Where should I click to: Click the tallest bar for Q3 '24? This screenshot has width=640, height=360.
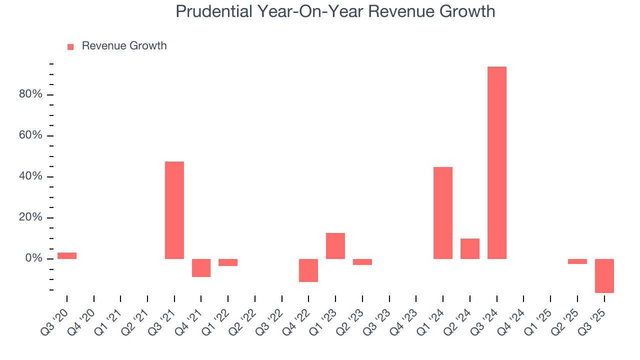tap(496, 162)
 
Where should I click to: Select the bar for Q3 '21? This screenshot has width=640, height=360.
tap(174, 210)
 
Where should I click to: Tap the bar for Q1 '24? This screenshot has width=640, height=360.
tap(443, 212)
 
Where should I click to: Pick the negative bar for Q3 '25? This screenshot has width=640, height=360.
tap(604, 275)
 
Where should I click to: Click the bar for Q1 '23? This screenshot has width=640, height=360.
tap(335, 245)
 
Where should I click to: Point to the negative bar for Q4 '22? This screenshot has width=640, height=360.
tap(308, 270)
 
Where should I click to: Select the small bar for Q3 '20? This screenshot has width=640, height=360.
tap(67, 255)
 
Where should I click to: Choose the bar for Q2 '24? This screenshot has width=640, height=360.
tap(470, 248)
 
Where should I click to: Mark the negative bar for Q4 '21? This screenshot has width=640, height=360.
tap(201, 267)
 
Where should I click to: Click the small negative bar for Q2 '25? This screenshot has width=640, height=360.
tap(577, 261)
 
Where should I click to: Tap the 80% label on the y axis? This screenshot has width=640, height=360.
tap(30, 95)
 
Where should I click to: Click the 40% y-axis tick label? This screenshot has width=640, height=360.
tap(30, 177)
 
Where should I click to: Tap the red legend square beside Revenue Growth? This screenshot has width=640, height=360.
tap(70, 46)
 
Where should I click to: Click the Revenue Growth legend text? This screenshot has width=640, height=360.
tap(124, 46)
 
